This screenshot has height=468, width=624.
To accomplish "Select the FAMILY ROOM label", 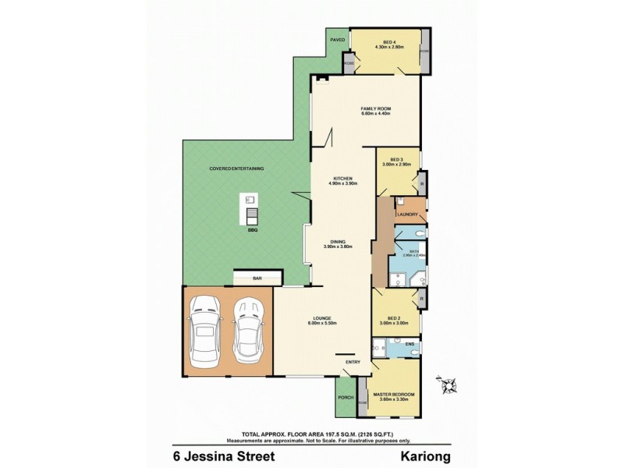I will (375, 109).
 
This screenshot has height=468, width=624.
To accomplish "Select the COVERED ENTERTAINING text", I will (236, 168).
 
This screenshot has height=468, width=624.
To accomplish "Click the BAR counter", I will (256, 278).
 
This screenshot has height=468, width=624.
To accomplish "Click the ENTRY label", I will (353, 360).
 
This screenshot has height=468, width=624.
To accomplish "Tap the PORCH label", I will (345, 397).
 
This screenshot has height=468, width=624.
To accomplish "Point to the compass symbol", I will (449, 384).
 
